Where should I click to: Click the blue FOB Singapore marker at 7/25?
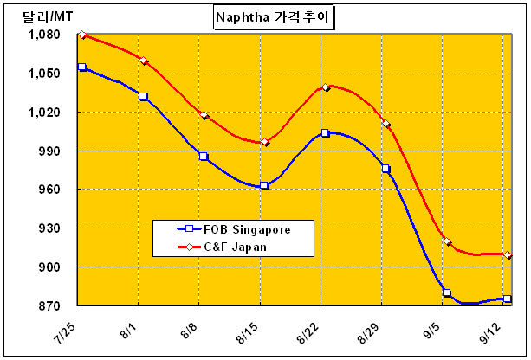pos(81,67)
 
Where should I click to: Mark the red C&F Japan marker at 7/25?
pos(81,35)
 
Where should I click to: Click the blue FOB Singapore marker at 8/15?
pos(264,185)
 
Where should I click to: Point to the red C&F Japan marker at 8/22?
pos(325,87)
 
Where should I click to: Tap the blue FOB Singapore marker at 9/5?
pos(447,292)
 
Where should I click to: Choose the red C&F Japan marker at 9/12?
pos(508,255)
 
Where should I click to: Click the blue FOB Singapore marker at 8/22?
pos(325,133)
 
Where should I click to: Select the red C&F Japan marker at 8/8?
pos(204,115)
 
